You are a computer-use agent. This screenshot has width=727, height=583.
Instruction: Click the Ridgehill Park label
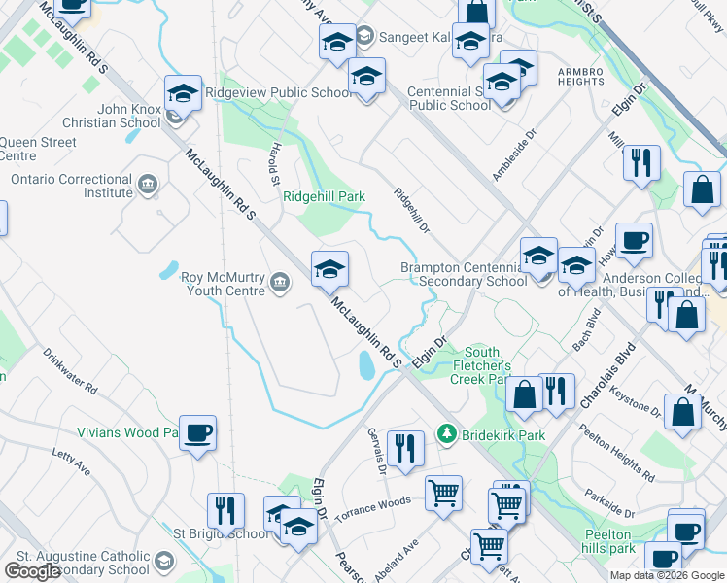pyautogui.click(x=324, y=196)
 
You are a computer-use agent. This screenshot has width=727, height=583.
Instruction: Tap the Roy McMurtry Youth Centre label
pyautogui.click(x=223, y=283)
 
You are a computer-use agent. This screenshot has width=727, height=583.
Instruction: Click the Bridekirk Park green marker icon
pyautogui.click(x=446, y=432)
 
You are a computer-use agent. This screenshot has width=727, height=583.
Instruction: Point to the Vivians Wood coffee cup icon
pyautogui.click(x=197, y=433)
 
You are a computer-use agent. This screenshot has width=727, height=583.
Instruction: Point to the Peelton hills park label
pyautogui.click(x=609, y=541)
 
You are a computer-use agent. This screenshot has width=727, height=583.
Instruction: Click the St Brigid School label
pyautogui.click(x=222, y=533)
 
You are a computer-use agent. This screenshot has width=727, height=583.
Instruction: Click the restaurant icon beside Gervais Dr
pyautogui.click(x=405, y=448)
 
